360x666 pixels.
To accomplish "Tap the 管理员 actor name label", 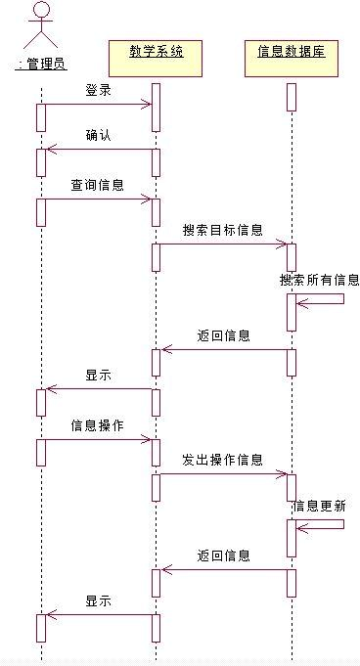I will [x=41, y=65].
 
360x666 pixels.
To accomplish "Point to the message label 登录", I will [x=98, y=90].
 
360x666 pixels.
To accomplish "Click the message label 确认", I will [x=98, y=136].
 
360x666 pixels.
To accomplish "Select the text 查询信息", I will [x=97, y=184].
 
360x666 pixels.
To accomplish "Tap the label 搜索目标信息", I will [x=222, y=230].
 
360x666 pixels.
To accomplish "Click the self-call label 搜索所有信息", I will [x=320, y=280].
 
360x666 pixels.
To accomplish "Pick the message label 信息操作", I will [x=97, y=425].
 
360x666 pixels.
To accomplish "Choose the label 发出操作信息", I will [x=222, y=459].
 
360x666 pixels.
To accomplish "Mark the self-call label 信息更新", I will [x=318, y=506].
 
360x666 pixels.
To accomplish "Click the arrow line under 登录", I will [x=98, y=103].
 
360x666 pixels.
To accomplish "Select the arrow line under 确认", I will [x=98, y=149].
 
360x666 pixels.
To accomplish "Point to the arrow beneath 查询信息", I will [x=97, y=199].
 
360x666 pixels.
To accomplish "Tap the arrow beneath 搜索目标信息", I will [x=222, y=244].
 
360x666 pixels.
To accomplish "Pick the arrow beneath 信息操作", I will [x=97, y=439].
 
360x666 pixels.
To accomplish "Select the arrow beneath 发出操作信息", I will [x=222, y=474].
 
